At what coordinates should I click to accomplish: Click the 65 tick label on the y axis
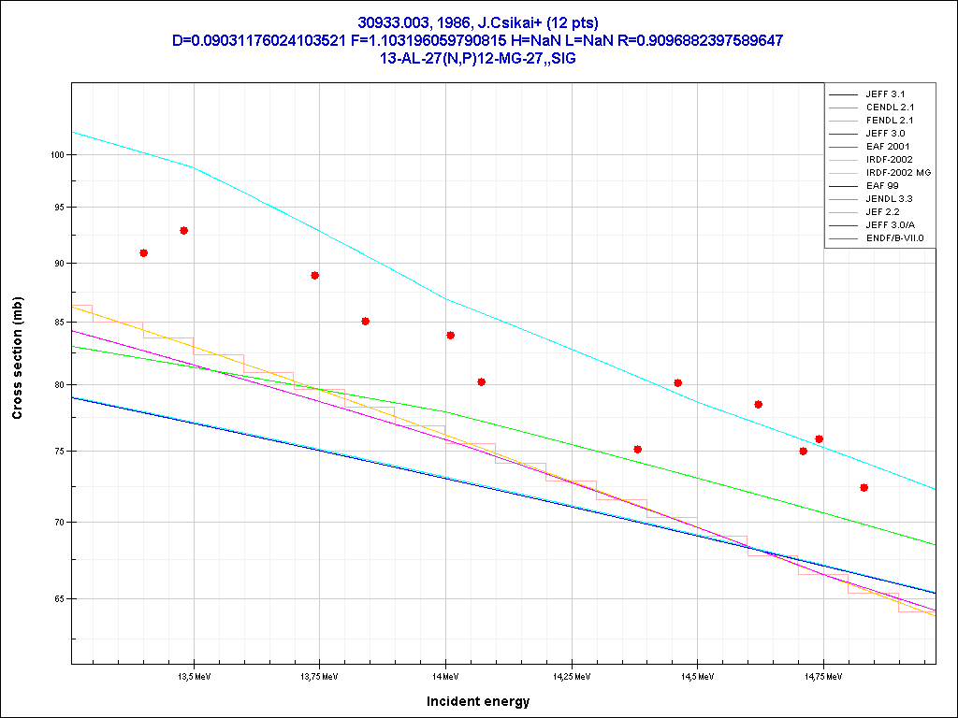click(57, 598)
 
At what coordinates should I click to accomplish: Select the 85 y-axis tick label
click(57, 323)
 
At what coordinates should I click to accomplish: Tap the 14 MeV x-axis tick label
click(445, 675)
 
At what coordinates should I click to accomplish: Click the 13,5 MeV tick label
click(194, 675)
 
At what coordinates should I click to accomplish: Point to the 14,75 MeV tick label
click(822, 675)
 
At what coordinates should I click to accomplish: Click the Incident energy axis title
click(478, 701)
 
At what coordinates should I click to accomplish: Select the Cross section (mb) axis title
click(18, 358)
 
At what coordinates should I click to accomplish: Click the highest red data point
click(184, 230)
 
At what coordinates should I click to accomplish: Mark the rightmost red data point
click(864, 487)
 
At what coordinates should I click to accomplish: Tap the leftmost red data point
click(143, 252)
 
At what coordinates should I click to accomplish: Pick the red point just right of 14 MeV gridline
click(450, 335)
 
